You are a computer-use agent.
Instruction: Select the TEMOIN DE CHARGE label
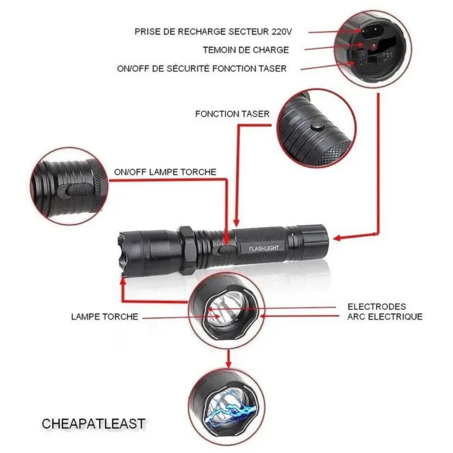coord(246,49)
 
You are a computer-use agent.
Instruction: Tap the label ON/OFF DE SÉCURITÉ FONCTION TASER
coord(202,68)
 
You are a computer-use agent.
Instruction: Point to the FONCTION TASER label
coord(232,114)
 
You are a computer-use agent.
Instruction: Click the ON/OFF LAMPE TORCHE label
coord(165,172)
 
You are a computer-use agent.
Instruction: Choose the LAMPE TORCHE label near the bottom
coord(104,317)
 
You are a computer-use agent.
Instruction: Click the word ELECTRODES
coord(376,307)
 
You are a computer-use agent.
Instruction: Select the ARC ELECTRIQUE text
coord(385,317)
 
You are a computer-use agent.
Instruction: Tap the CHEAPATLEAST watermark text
coord(93,424)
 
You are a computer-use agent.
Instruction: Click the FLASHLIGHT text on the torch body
coord(267,248)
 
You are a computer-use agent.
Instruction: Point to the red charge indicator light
coord(373,47)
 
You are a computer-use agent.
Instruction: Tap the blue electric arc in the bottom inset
coord(229,407)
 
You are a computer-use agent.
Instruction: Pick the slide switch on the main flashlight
coord(226,249)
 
